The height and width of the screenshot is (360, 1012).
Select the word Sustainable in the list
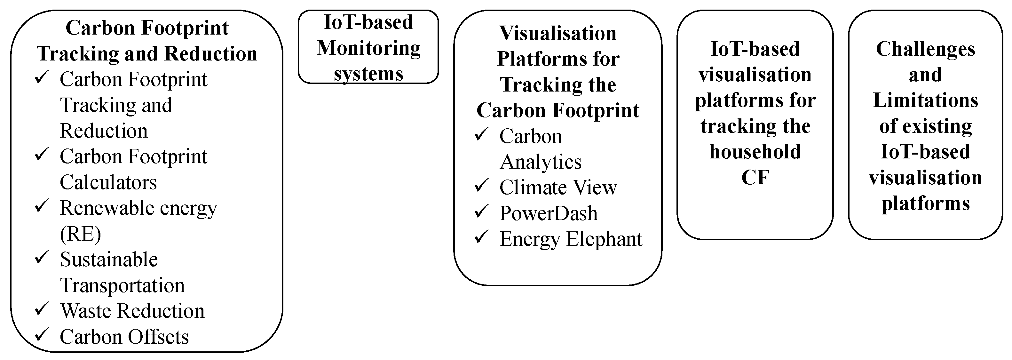[109, 260]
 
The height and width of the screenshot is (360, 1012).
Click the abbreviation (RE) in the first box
[81, 234]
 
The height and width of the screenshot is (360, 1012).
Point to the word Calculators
[108, 182]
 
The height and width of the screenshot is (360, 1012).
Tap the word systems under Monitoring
[368, 74]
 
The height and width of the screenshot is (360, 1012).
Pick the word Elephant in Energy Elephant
[605, 239]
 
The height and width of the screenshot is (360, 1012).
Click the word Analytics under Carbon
[541, 162]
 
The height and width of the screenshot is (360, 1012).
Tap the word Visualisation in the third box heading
[558, 33]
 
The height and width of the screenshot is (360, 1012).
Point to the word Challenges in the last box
[926, 49]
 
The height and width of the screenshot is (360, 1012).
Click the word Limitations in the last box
[926, 100]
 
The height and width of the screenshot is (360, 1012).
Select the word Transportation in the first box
[122, 285]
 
